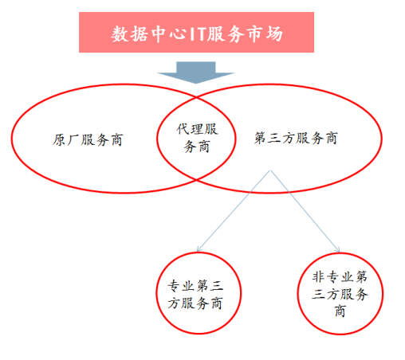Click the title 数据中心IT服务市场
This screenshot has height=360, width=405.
[x=197, y=34]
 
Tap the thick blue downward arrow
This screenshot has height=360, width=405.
[x=196, y=72]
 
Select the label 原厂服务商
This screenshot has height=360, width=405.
[x=88, y=139]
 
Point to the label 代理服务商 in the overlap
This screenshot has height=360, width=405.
[x=197, y=138]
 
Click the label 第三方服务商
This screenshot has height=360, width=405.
[x=296, y=138]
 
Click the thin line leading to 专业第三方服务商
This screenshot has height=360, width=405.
[x=234, y=211]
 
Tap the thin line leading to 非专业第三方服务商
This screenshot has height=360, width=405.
[x=305, y=211]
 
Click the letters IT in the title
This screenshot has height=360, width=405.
[x=198, y=34]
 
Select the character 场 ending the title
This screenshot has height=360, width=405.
[x=274, y=34]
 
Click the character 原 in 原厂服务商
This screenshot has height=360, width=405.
[x=59, y=139]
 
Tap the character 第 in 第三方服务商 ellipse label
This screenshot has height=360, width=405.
[x=261, y=138]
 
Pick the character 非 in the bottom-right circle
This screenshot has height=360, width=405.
[x=318, y=276]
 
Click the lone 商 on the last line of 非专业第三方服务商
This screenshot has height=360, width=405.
[x=340, y=311]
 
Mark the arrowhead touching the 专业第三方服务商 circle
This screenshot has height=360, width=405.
[x=199, y=249]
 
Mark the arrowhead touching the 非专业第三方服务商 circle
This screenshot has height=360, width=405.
[x=338, y=249]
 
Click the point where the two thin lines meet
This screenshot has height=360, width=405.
[x=270, y=170]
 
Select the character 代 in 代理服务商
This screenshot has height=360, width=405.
[x=183, y=129]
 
